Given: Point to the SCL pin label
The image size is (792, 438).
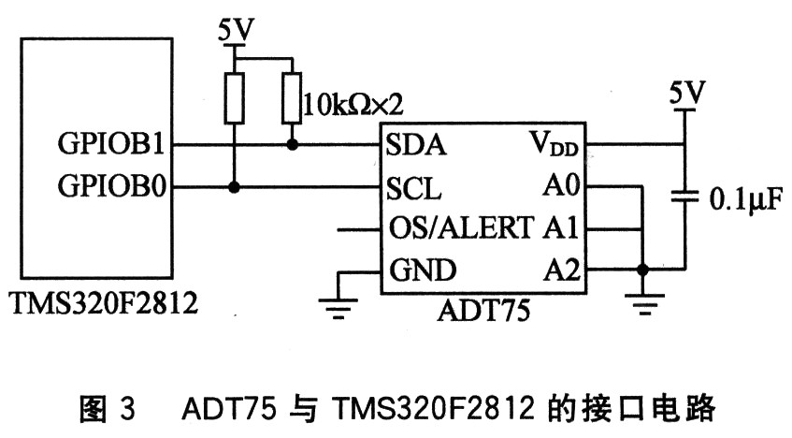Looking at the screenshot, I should click(x=413, y=190).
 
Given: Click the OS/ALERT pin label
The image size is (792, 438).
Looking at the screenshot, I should click(x=458, y=229).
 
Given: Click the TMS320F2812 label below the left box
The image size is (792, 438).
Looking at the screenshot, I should click(x=104, y=303).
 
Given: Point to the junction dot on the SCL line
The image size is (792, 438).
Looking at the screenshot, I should click(x=235, y=187).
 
